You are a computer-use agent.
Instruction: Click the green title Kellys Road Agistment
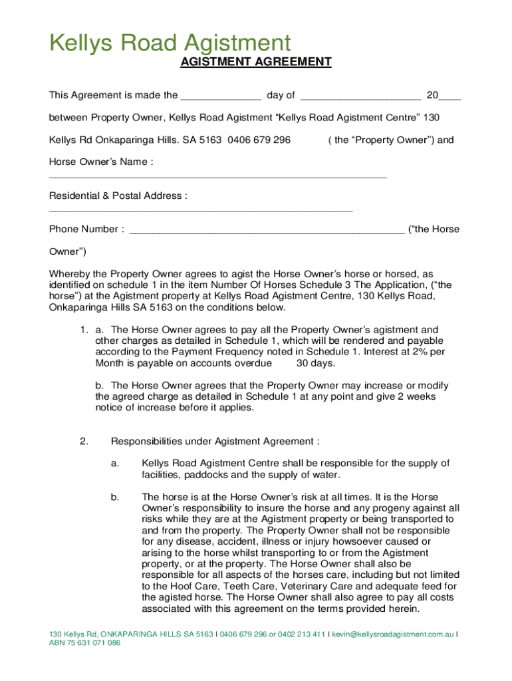click(170, 44)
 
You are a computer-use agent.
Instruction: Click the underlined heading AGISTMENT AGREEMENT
click(256, 63)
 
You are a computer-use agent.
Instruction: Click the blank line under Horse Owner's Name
click(218, 178)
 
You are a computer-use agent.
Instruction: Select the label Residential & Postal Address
click(118, 196)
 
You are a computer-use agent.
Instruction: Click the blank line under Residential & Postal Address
click(201, 211)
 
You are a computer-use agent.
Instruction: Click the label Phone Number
click(86, 229)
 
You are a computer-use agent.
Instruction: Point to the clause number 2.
click(84, 442)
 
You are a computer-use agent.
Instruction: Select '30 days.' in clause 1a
click(316, 363)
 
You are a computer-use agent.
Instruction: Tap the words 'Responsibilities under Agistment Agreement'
click(214, 442)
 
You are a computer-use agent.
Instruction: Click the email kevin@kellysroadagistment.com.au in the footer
click(393, 634)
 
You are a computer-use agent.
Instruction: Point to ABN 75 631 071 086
click(85, 644)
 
